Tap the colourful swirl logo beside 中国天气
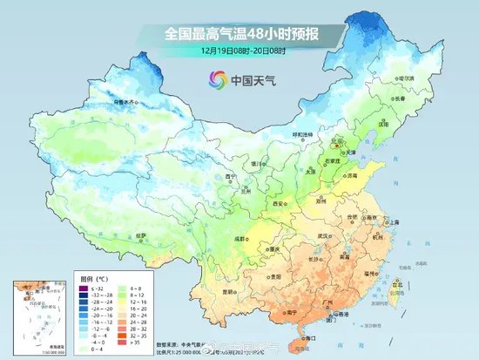click(212, 80)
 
